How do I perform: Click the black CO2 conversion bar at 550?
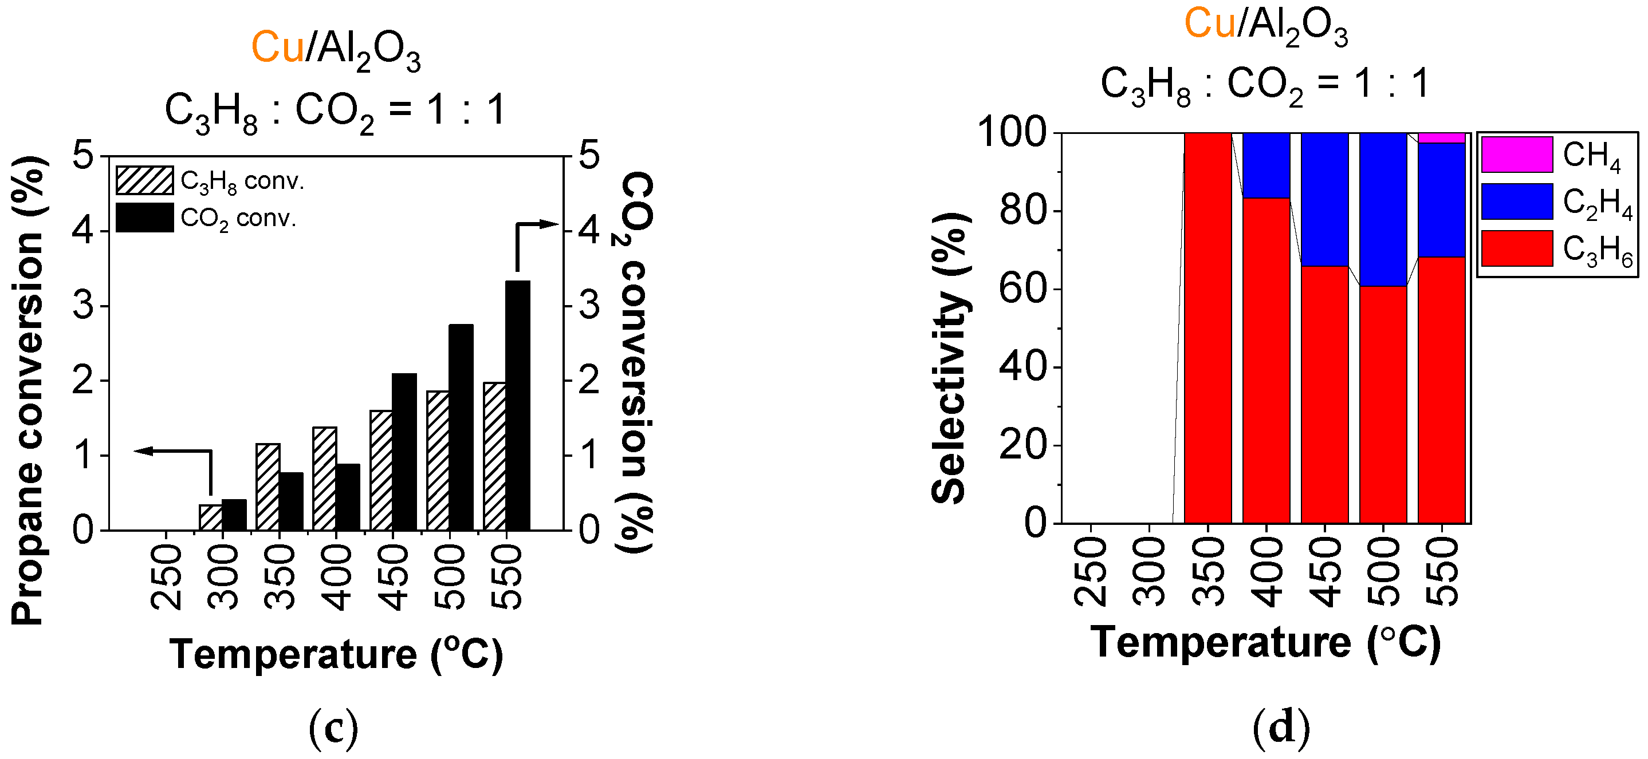pyautogui.click(x=518, y=405)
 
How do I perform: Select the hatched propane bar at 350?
pyautogui.click(x=268, y=487)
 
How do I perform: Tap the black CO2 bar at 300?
pyautogui.click(x=234, y=515)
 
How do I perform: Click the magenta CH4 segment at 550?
pyautogui.click(x=1441, y=138)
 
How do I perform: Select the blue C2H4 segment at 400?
pyautogui.click(x=1266, y=165)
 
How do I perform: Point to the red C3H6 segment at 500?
pyautogui.click(x=1383, y=405)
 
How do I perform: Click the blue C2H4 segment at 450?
pyautogui.click(x=1325, y=200)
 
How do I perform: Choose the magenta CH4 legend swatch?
pyautogui.click(x=1517, y=155)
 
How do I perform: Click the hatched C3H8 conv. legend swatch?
pyautogui.click(x=144, y=180)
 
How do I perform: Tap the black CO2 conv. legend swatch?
pyautogui.click(x=144, y=218)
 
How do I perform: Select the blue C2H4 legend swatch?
pyautogui.click(x=1517, y=201)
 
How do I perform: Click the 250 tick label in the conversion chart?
pyautogui.click(x=166, y=577)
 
